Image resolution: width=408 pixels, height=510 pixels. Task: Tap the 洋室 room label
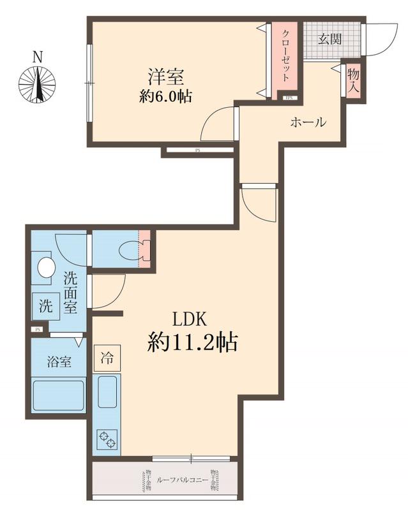[x=167, y=76]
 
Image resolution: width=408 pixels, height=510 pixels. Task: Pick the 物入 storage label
[x=354, y=80]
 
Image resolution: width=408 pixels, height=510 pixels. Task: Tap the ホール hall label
[x=308, y=122]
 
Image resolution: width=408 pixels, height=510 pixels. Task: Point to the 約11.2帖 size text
[x=193, y=343]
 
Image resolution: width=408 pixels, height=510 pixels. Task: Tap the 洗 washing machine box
[x=46, y=305]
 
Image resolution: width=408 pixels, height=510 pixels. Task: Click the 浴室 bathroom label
[x=59, y=361]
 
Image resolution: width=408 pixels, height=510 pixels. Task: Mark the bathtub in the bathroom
[x=58, y=395]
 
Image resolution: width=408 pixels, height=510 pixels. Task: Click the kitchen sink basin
[x=106, y=390]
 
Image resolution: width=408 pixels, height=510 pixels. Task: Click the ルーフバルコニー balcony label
[x=184, y=479]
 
